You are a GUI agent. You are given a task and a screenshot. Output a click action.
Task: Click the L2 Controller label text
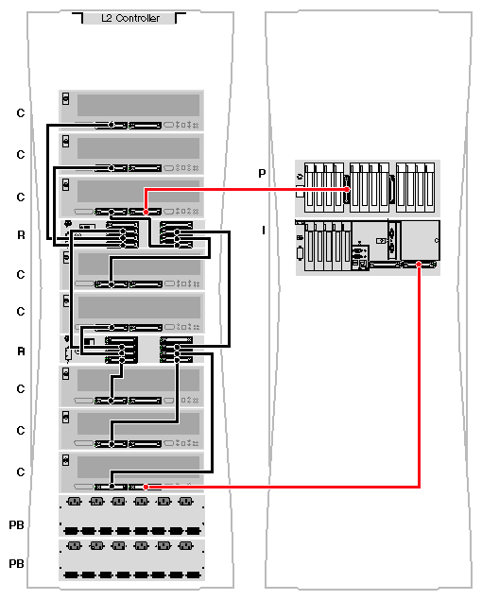click(x=130, y=18)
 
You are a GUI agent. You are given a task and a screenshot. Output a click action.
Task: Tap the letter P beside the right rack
click(x=262, y=173)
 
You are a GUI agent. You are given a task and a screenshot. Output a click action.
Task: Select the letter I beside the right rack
click(x=264, y=230)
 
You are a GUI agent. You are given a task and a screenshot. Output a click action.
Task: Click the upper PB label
click(x=16, y=525)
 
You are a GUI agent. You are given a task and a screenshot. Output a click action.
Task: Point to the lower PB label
click(x=16, y=564)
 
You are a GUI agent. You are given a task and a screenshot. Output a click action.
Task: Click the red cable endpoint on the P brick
click(x=347, y=189)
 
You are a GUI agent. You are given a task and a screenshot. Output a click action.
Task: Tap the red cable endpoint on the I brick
click(x=419, y=264)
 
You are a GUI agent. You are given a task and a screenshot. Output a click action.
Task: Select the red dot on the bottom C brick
click(x=146, y=487)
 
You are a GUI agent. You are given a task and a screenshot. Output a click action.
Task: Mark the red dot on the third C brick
click(x=146, y=212)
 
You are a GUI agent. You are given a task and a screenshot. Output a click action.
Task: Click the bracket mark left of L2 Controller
click(x=77, y=17)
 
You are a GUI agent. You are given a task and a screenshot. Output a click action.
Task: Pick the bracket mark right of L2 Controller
click(x=181, y=17)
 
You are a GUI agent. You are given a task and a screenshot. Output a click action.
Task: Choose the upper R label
click(x=21, y=235)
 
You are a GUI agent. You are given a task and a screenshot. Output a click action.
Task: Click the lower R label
click(x=21, y=351)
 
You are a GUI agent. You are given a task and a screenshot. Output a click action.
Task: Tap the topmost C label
click(x=21, y=113)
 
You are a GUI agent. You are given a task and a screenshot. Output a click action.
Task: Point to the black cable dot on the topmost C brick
click(x=112, y=125)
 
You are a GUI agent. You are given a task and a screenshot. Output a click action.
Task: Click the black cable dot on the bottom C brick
click(x=112, y=487)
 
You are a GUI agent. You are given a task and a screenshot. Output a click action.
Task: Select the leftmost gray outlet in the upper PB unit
click(x=75, y=502)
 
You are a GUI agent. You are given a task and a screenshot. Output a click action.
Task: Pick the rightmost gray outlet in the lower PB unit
click(x=186, y=545)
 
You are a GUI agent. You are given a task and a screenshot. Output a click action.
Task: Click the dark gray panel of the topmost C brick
click(x=138, y=105)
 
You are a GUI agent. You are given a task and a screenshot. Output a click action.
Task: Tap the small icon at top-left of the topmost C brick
click(x=66, y=98)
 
